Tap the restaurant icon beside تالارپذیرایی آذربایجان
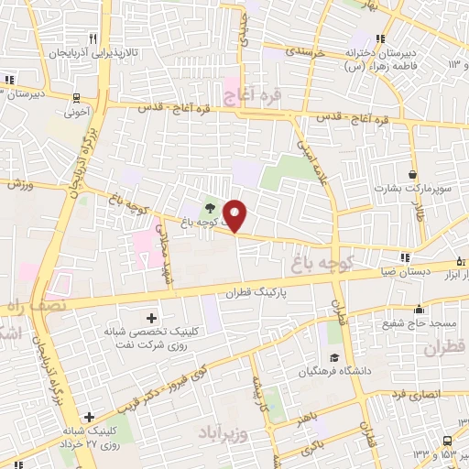click(x=93, y=38)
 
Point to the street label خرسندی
click(x=306, y=54)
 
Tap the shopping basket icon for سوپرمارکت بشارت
click(x=413, y=173)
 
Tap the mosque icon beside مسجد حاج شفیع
click(x=420, y=309)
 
